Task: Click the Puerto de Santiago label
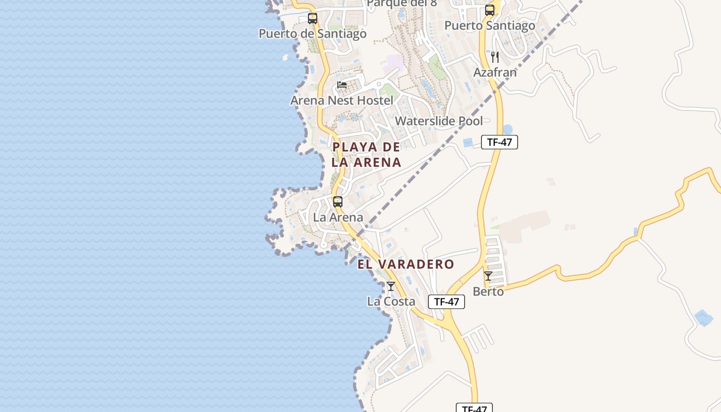[x=312, y=34]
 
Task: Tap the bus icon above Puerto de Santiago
[x=313, y=19]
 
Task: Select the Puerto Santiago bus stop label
[x=489, y=25]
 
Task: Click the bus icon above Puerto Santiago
[x=490, y=10]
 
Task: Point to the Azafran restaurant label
[x=494, y=73]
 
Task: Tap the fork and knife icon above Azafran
[x=495, y=57]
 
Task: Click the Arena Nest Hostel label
[x=341, y=100]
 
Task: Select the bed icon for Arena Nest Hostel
[x=342, y=85]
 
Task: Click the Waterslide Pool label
[x=439, y=121]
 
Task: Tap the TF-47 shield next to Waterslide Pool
[x=499, y=142]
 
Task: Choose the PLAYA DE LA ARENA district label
[x=366, y=154]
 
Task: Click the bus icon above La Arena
[x=338, y=202]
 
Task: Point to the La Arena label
[x=338, y=217]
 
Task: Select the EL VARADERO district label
[x=406, y=265]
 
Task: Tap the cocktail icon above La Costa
[x=391, y=286]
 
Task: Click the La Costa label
[x=391, y=301]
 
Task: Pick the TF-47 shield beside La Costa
[x=446, y=302]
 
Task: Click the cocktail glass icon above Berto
[x=488, y=276]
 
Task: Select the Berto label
[x=488, y=291]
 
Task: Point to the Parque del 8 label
[x=402, y=4]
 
